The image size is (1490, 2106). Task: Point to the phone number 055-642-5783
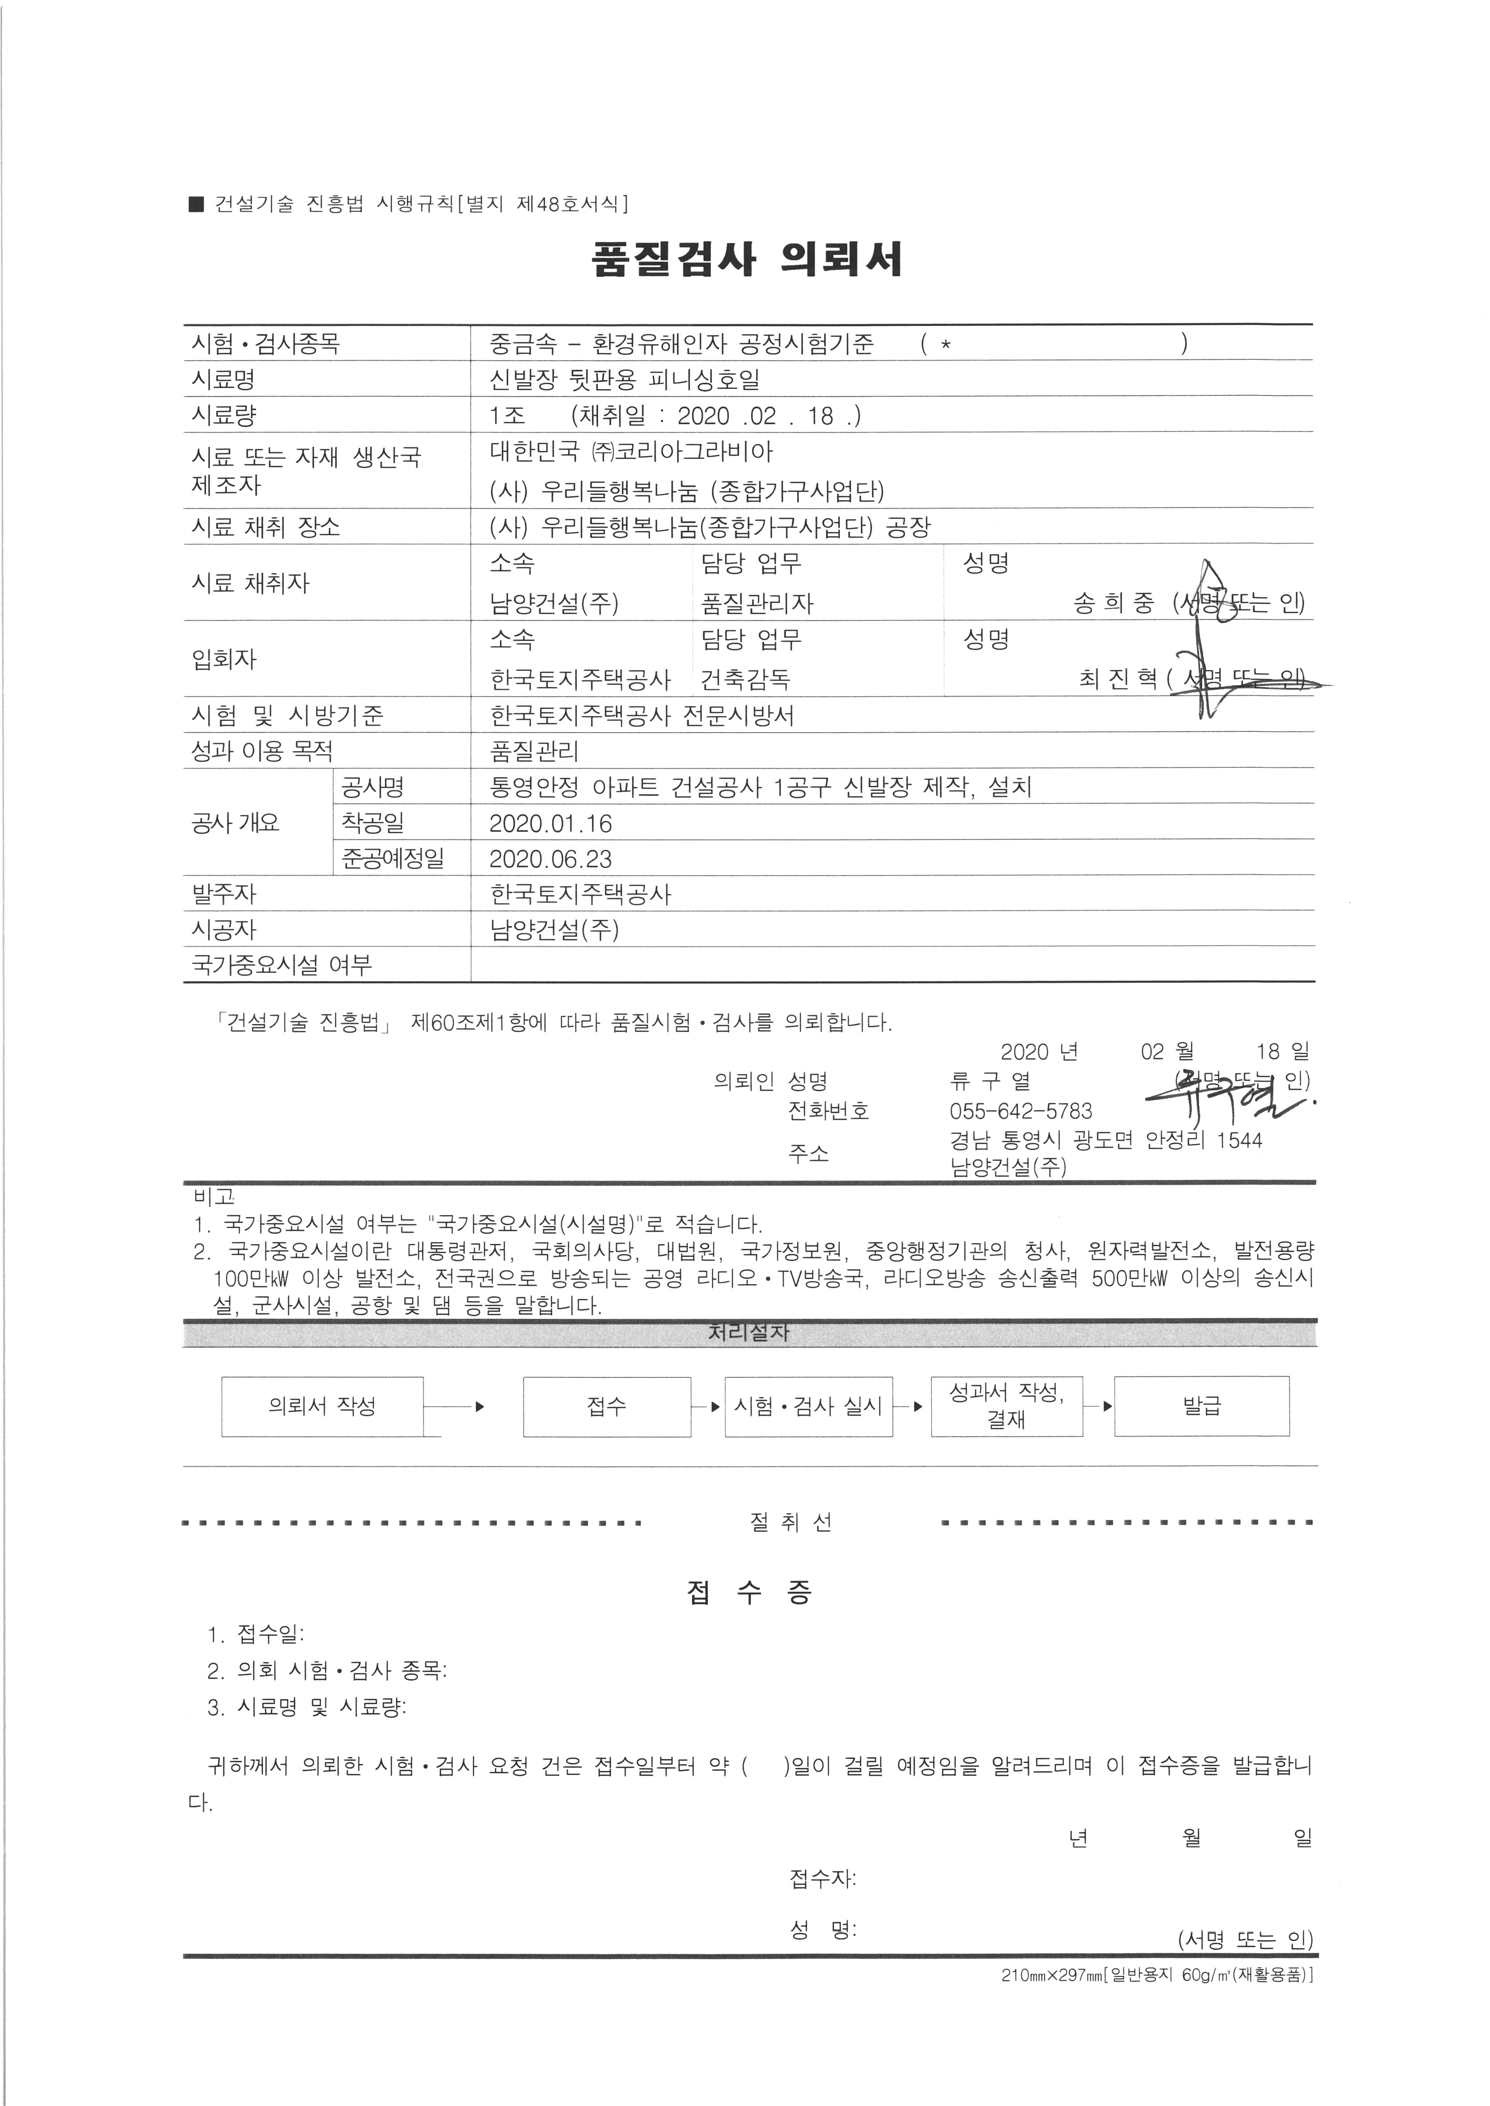tap(1020, 1112)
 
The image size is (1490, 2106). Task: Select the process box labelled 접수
tap(606, 1406)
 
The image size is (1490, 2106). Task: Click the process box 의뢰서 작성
tap(322, 1406)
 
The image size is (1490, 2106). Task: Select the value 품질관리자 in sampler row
tap(757, 604)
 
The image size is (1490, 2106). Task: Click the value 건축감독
tap(745, 679)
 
